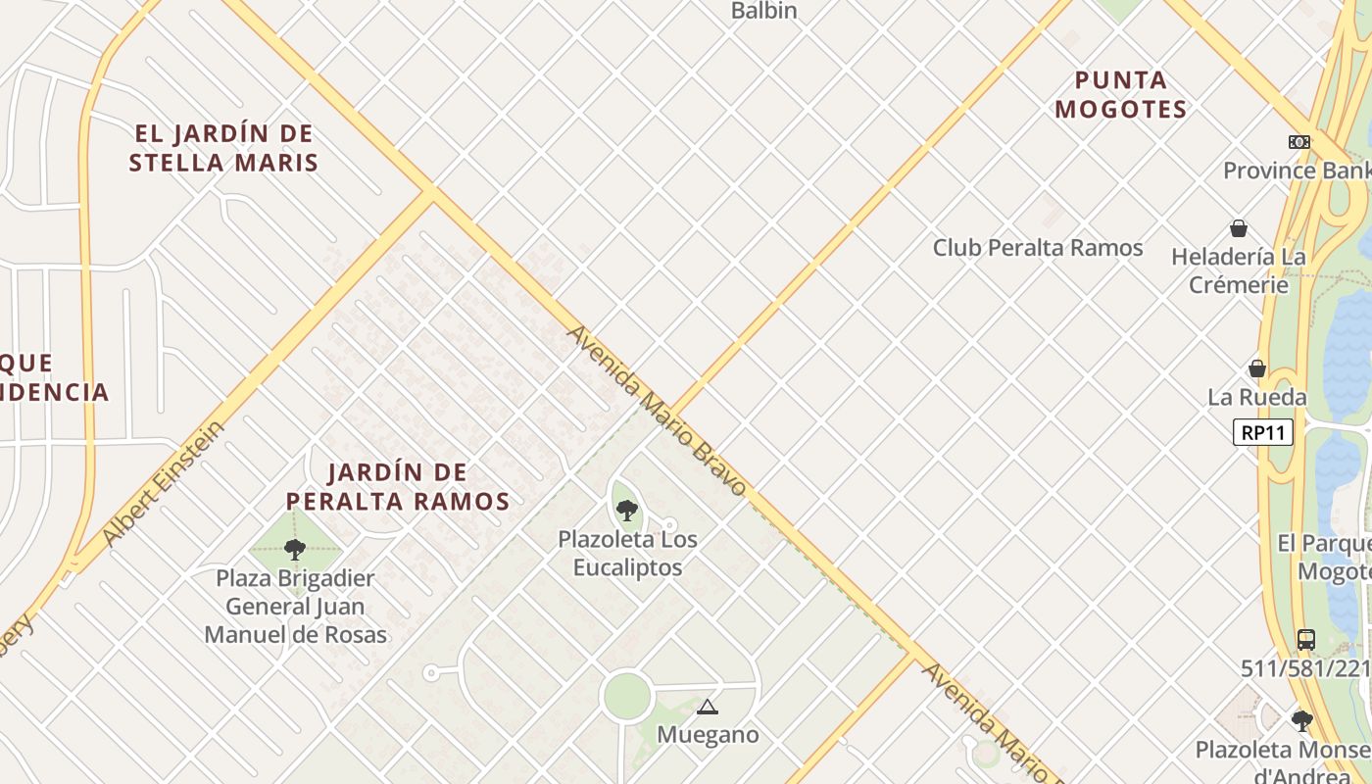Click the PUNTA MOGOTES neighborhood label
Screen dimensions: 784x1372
1121,95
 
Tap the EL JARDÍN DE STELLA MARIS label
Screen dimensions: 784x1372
223,148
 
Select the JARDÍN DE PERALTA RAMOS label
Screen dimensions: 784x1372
398,487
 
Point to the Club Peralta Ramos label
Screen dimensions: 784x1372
1038,248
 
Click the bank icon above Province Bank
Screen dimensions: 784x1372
1299,142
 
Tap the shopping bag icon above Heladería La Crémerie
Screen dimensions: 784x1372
1239,228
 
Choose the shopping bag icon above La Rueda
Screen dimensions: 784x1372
1257,368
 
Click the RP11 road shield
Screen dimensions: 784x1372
1263,432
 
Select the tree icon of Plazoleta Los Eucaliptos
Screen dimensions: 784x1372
627,510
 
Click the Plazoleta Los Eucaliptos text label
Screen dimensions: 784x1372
627,554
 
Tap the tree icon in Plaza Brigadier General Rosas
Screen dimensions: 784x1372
295,549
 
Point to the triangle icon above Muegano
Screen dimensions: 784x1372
707,707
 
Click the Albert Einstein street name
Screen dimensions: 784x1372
163,484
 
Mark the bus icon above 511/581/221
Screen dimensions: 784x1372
1305,640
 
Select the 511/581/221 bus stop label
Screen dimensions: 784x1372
1305,668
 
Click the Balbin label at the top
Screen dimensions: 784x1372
764,11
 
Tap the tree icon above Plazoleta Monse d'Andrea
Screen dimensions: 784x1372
1301,721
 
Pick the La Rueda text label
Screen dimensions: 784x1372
1256,397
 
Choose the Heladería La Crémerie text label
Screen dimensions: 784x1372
1239,270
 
